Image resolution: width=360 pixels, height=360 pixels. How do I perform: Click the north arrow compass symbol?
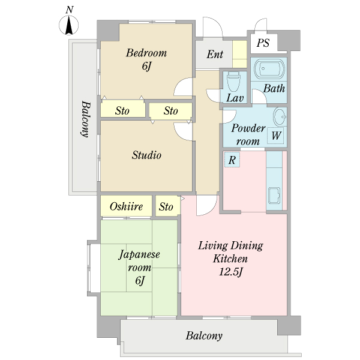click(x=68, y=25)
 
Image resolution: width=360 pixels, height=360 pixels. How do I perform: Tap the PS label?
click(x=263, y=43)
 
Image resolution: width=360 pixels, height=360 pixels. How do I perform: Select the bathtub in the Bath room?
click(x=269, y=69)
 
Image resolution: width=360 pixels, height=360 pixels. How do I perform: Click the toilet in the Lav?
click(x=233, y=82)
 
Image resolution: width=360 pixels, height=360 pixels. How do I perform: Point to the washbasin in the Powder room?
click(x=280, y=116)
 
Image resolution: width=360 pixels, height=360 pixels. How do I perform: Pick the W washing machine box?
click(x=275, y=136)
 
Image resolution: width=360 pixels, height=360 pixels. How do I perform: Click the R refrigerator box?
click(x=232, y=160)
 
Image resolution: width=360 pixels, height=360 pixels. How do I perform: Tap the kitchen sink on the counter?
click(x=274, y=196)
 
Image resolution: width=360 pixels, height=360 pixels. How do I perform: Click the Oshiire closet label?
click(x=126, y=206)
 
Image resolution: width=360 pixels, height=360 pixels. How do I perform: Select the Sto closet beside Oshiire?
click(x=167, y=206)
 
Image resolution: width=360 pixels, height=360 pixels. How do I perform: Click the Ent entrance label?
click(x=215, y=55)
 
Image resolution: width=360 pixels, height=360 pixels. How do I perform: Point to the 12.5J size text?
click(x=231, y=272)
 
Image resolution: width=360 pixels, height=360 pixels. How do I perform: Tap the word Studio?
click(x=146, y=155)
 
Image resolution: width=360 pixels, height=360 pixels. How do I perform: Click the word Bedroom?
click(x=146, y=53)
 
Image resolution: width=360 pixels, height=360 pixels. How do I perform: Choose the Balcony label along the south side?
click(x=204, y=336)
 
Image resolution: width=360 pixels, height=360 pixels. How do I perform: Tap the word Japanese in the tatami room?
click(x=139, y=255)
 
